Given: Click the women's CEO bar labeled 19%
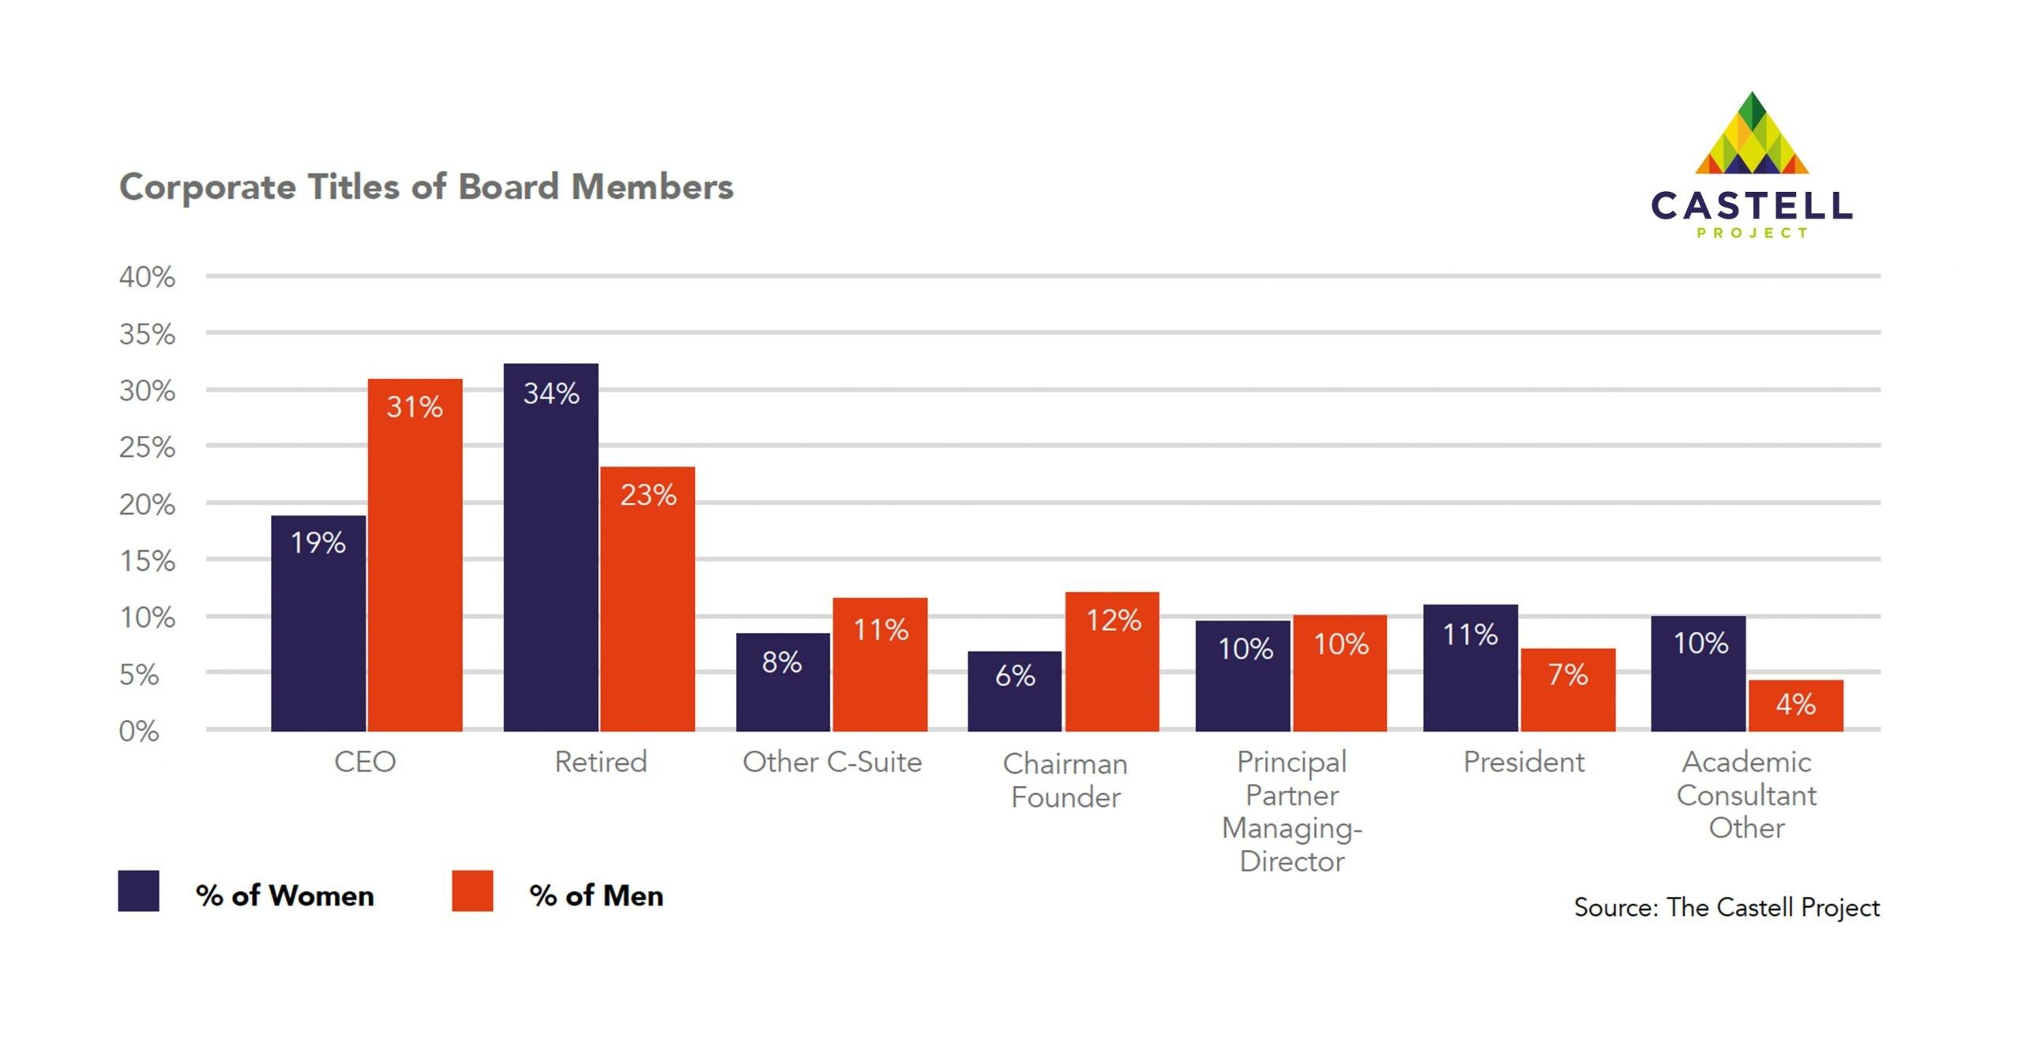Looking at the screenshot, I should coord(318,623).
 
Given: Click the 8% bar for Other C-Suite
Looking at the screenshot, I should coord(783,682).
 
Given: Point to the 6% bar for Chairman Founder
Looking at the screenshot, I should coord(1014,691).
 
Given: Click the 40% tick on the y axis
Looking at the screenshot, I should coord(147,277).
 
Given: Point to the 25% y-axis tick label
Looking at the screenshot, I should coord(147,448).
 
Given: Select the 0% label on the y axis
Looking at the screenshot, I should coord(139,731).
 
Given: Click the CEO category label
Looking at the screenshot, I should coord(365,762).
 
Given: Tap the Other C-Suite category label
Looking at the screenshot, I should coord(832,762).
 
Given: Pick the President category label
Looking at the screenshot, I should coord(1524,762).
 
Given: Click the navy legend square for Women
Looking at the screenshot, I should coord(138,891).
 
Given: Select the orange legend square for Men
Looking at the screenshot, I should coord(472,891).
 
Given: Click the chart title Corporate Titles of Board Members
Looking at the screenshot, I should coord(427,187).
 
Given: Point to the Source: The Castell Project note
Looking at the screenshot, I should coord(1727,907).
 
